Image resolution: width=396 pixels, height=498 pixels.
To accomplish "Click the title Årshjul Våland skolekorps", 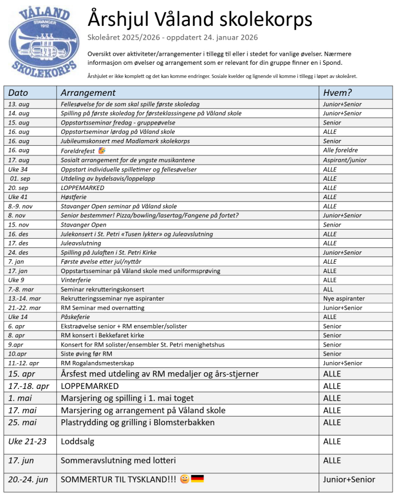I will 200,20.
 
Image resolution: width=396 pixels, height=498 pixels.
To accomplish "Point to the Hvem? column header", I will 338,92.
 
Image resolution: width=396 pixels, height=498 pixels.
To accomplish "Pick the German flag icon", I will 197,479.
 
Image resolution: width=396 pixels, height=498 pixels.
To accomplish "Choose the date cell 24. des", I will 18,252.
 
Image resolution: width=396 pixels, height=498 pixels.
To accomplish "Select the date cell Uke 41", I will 18,197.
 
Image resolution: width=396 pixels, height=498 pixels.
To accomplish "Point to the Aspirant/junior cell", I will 346,159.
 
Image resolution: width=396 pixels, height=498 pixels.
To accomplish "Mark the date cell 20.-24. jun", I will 28,480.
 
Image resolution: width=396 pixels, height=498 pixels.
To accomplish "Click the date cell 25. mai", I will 23,423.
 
